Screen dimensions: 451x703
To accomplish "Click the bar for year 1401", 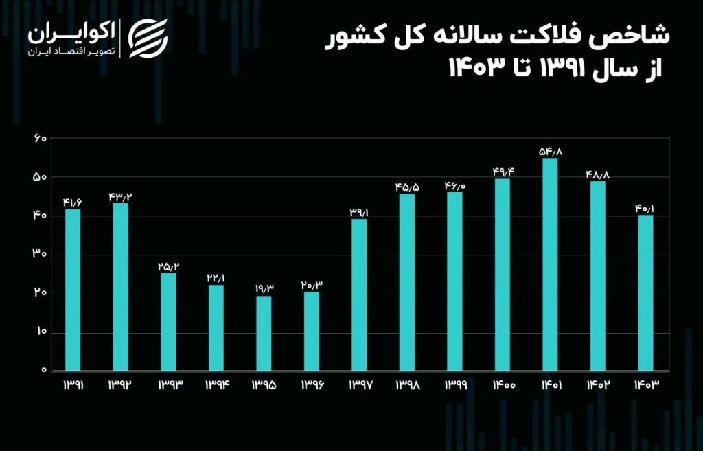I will [550, 265].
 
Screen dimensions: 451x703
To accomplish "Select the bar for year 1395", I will [264, 334].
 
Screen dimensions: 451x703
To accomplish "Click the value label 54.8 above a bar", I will [550, 151].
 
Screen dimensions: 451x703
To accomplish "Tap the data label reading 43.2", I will [120, 197].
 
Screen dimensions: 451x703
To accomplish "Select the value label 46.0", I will [454, 185].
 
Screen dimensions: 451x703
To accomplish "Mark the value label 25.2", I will [168, 266].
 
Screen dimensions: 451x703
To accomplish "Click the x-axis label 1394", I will [216, 386].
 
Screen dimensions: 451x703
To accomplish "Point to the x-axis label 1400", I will [502, 386].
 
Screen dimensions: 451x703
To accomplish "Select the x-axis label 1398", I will [406, 386].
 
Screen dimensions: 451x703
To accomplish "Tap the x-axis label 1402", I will [597, 386].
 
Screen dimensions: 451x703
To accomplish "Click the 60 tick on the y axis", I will [39, 139].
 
